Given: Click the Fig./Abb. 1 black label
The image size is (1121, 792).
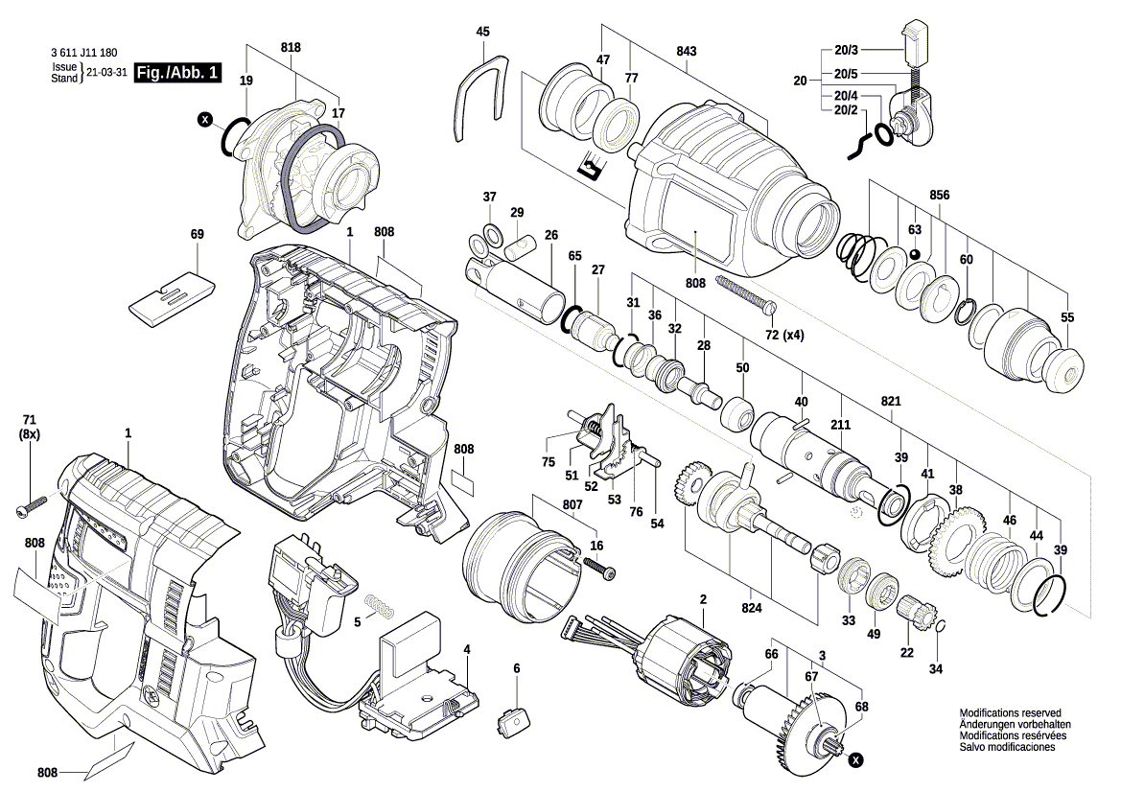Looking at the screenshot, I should (x=178, y=73).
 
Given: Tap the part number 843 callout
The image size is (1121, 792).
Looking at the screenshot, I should (x=686, y=51).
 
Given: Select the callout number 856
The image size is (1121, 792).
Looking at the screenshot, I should (x=939, y=195).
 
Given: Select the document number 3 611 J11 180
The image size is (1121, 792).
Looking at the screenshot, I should (x=87, y=55).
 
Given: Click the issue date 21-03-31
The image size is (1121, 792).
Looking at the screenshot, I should (x=106, y=73).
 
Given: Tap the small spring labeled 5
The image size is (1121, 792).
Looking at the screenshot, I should (x=382, y=608).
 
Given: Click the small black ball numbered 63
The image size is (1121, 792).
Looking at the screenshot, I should (x=916, y=254).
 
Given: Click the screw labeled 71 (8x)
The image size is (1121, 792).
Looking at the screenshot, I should (x=32, y=506).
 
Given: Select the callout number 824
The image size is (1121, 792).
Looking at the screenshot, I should (x=752, y=608).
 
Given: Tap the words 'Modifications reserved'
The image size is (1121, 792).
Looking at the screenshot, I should (x=1010, y=713).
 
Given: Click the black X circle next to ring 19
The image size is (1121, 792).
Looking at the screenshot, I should (x=204, y=120).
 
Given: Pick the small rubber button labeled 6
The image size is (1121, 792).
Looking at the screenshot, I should (x=515, y=718).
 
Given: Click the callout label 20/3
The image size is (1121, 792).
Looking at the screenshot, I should (x=846, y=50).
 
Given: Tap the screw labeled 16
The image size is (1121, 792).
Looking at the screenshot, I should (x=601, y=571).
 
